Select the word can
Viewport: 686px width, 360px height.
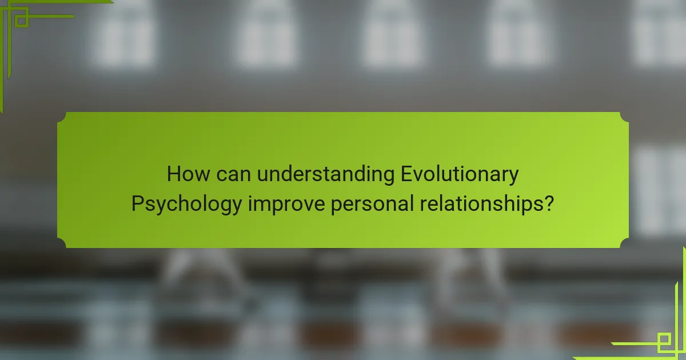(234, 174)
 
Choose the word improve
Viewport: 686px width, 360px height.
(286, 205)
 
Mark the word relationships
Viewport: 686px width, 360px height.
(478, 205)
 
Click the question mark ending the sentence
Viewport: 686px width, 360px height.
(549, 203)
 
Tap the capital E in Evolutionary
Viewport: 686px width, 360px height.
(406, 174)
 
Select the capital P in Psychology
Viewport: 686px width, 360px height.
(137, 203)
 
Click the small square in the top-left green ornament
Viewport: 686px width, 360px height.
(21, 20)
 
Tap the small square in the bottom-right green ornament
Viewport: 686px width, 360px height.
(664, 341)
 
